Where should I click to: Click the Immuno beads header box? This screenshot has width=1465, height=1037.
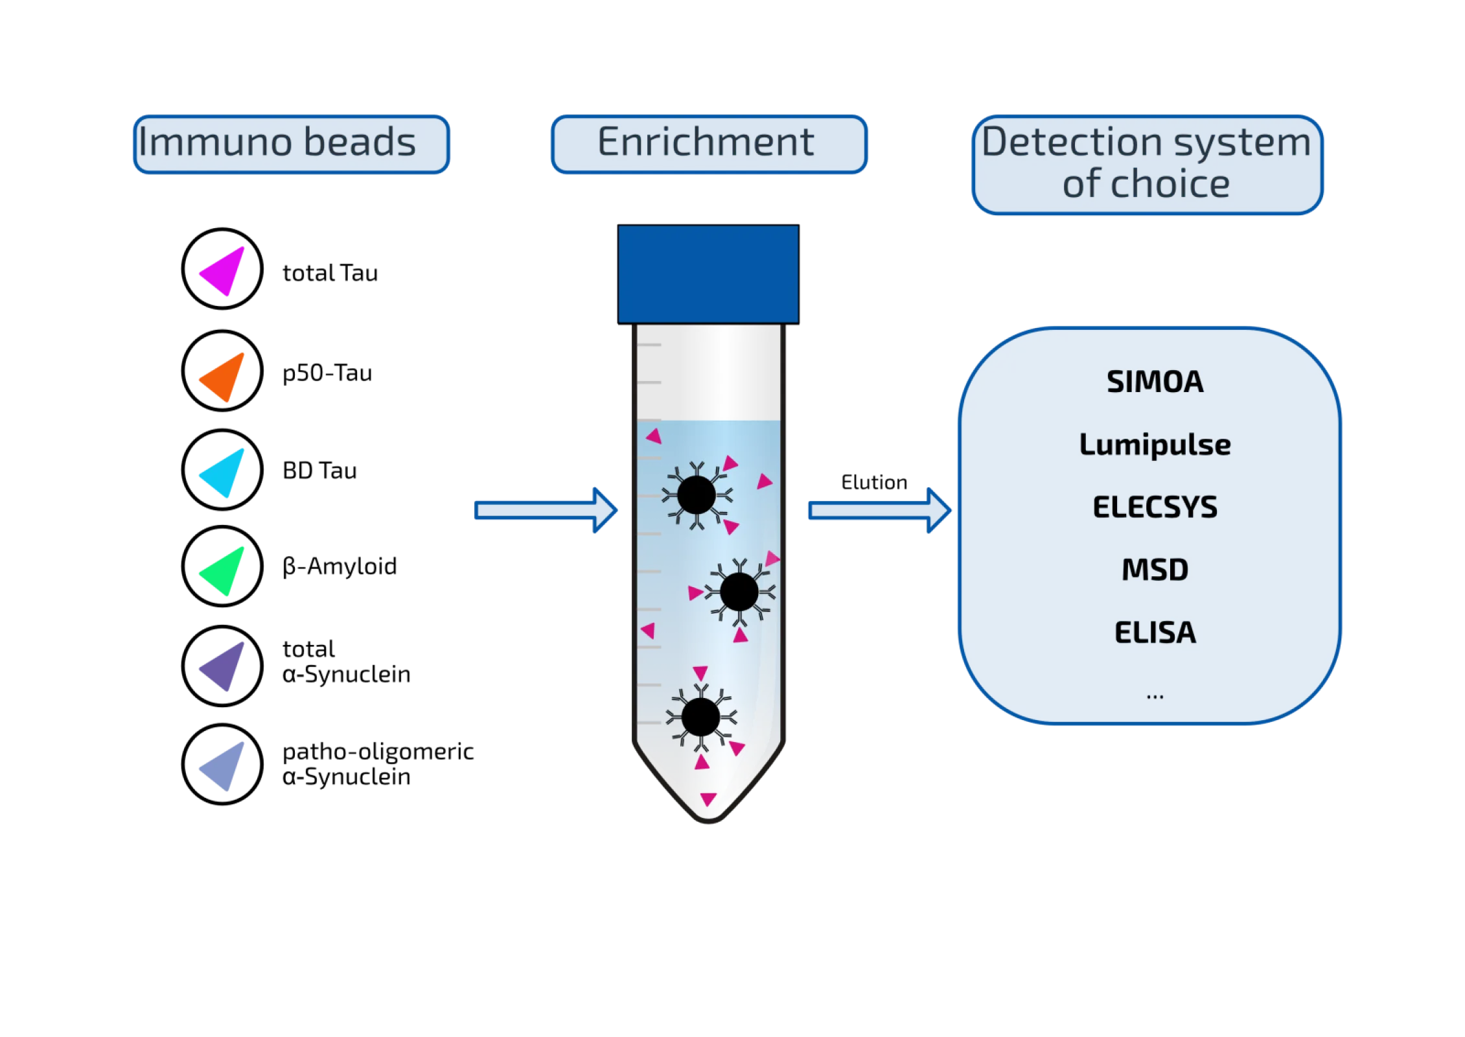290,144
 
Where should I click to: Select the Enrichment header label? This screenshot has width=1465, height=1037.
709,144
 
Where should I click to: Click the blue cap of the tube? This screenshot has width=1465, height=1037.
708,274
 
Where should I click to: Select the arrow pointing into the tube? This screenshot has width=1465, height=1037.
546,511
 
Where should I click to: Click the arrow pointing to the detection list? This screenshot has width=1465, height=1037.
878,511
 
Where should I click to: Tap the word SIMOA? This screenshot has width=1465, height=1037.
1155,382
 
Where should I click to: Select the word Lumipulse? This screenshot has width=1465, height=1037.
1155,445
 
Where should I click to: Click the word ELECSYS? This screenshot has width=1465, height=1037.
1155,507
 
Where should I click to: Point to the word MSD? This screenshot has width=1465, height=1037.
1155,570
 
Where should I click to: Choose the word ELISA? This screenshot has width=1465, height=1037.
1155,633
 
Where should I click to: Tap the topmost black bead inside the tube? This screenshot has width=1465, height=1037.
697,496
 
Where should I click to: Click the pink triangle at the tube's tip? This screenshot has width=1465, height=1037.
708,798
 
